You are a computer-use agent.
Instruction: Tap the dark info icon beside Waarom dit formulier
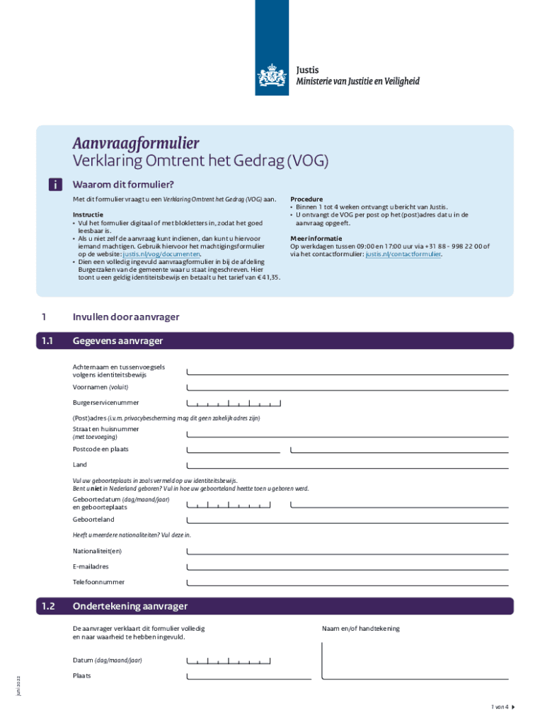[54, 185]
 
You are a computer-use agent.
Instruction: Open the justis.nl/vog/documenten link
[162, 253]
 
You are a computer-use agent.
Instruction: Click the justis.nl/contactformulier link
[403, 253]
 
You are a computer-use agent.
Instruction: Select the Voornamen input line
[347, 387]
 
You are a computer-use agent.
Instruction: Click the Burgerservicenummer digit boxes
[234, 404]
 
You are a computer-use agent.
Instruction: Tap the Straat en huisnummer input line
[347, 434]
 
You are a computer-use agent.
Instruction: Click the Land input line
[347, 465]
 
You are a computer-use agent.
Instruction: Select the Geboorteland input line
[347, 520]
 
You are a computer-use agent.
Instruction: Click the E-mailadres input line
[347, 567]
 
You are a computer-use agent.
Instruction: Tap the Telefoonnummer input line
[347, 583]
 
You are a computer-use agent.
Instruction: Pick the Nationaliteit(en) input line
[347, 552]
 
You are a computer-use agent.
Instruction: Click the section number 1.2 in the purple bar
[48, 606]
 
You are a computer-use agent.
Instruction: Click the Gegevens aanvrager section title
[117, 341]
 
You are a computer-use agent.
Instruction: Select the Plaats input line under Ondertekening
[248, 676]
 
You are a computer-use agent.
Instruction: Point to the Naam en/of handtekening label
[360, 629]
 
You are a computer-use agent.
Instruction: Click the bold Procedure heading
[306, 200]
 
